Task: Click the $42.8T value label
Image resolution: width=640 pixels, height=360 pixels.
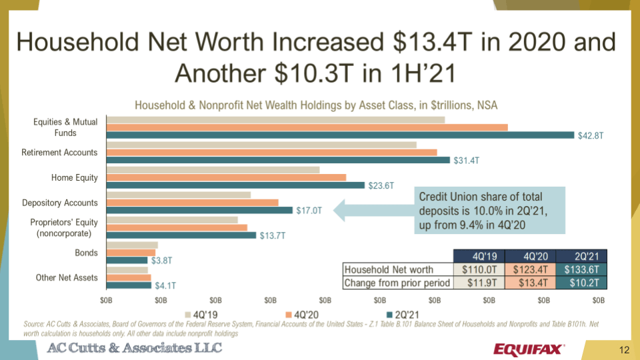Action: (x=590, y=135)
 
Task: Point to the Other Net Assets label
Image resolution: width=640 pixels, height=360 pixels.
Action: (x=67, y=277)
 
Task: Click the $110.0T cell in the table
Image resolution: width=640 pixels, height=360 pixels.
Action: (x=479, y=270)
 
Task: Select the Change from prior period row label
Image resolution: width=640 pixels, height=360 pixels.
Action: (x=397, y=283)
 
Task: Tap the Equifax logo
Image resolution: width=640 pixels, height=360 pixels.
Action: (x=529, y=349)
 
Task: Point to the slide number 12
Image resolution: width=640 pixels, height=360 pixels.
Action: (x=624, y=350)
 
